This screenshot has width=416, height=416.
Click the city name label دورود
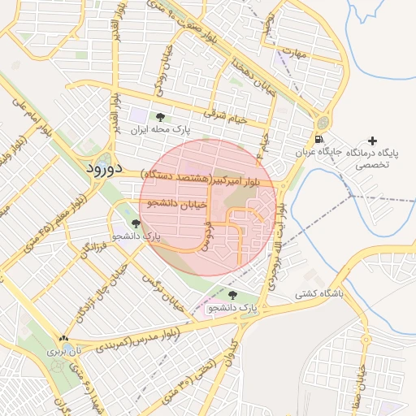(102, 169)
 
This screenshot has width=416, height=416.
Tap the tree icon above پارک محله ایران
(159, 117)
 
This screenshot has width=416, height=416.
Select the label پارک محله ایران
(159, 130)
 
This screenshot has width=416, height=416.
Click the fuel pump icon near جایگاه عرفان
(322, 141)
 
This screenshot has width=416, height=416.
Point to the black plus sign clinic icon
(373, 141)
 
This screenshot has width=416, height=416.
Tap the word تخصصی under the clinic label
(373, 165)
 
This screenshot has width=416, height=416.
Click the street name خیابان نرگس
(162, 289)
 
